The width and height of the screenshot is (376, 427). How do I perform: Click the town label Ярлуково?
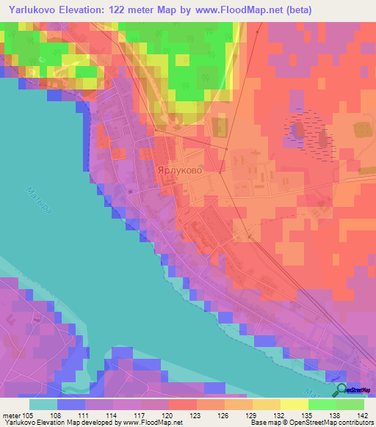pyautogui.click(x=180, y=168)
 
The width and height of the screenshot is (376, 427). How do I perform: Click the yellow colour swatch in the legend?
pyautogui.click(x=294, y=404)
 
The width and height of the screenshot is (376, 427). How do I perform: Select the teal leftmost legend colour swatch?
pyautogui.click(x=43, y=404)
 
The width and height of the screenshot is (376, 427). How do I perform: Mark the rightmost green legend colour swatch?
pyautogui.click(x=350, y=404)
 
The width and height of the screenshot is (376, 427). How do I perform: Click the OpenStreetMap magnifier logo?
pyautogui.click(x=341, y=390)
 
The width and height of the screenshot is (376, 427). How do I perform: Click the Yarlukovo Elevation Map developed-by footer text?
pyautogui.click(x=92, y=423)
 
